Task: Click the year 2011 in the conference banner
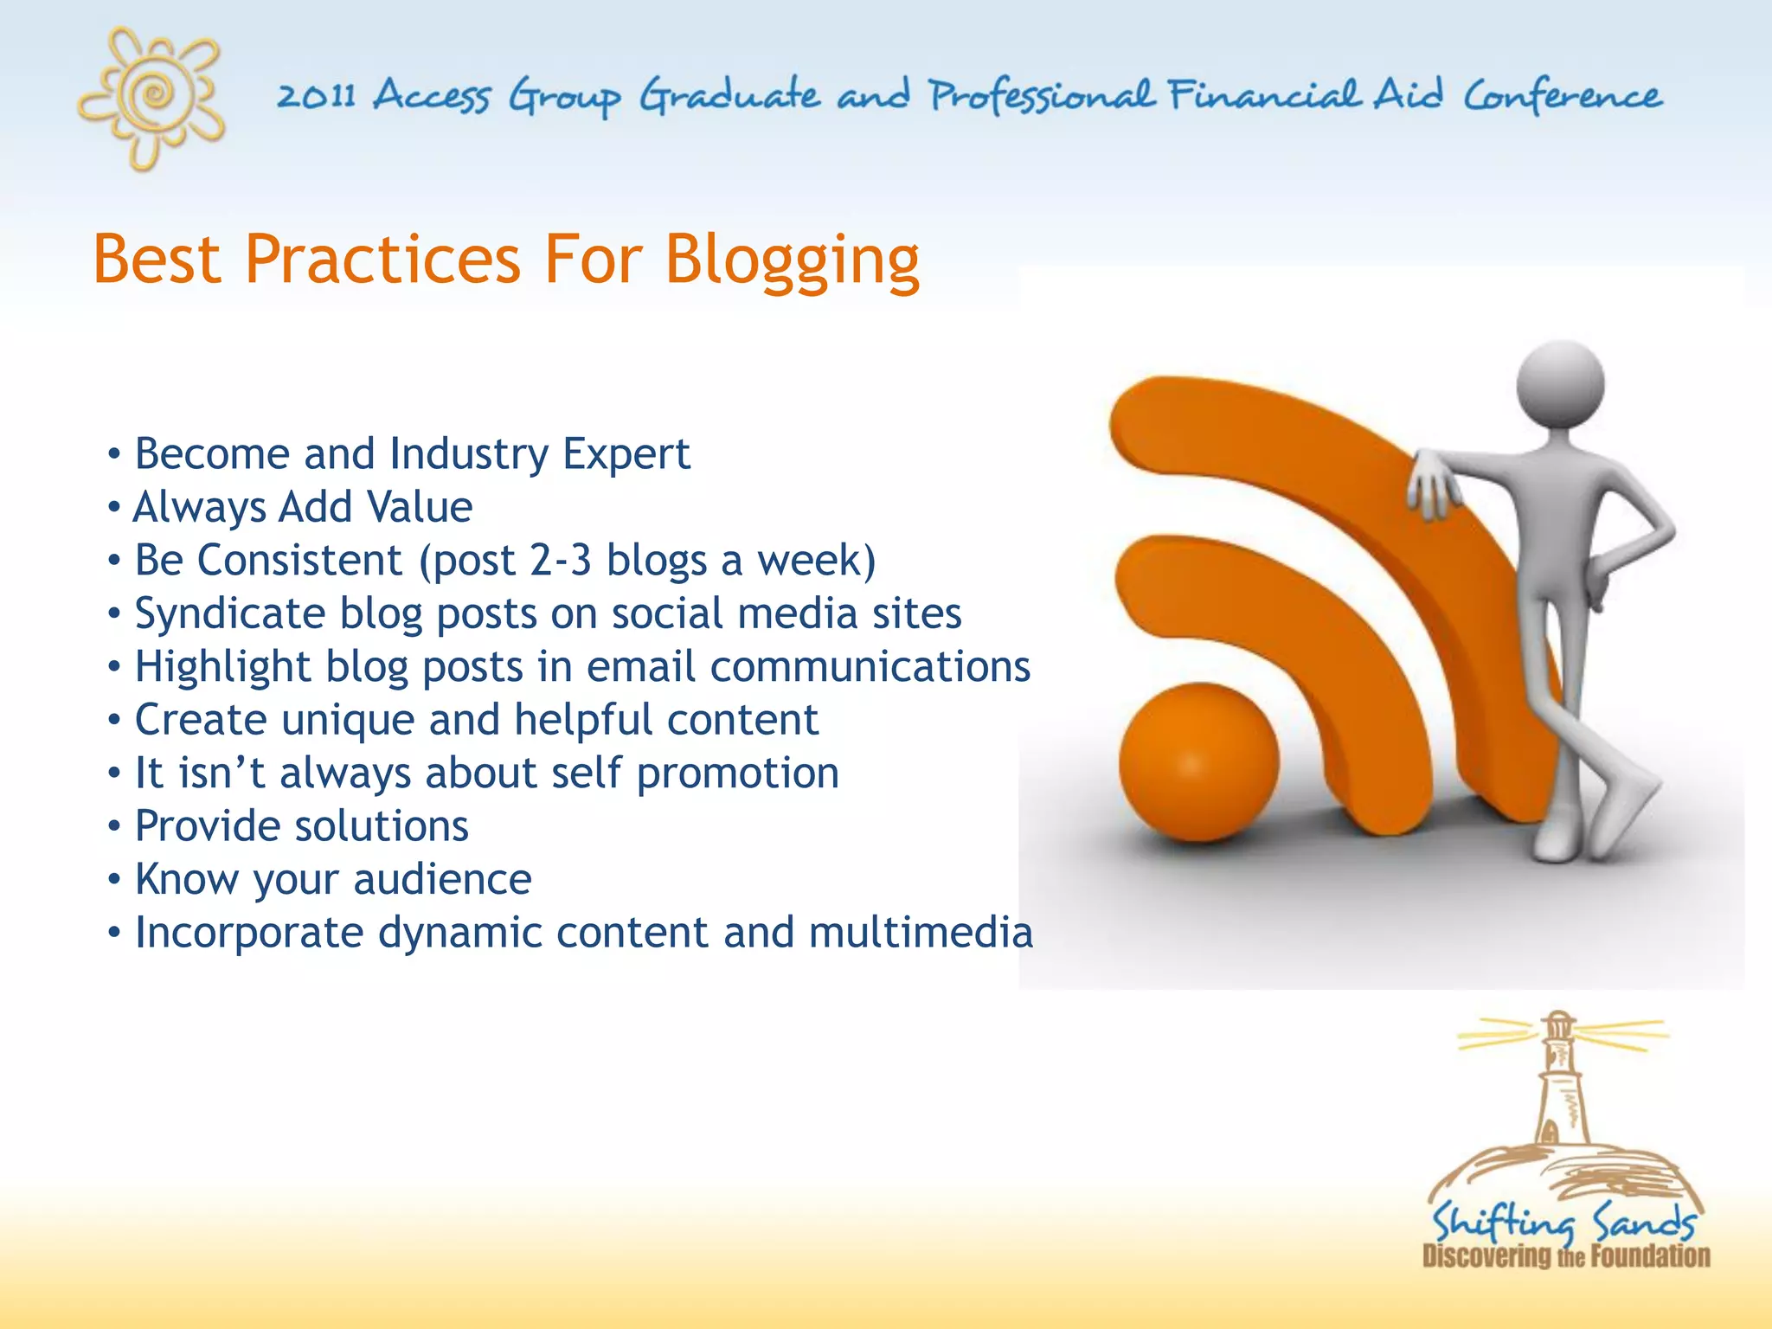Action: [316, 95]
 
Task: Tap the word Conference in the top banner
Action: [1562, 95]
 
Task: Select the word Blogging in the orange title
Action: [792, 260]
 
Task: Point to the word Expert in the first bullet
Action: [626, 453]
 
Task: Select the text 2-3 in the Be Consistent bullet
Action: [560, 560]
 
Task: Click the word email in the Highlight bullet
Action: [640, 667]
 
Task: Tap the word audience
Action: [442, 880]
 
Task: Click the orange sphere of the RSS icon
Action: [1198, 761]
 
